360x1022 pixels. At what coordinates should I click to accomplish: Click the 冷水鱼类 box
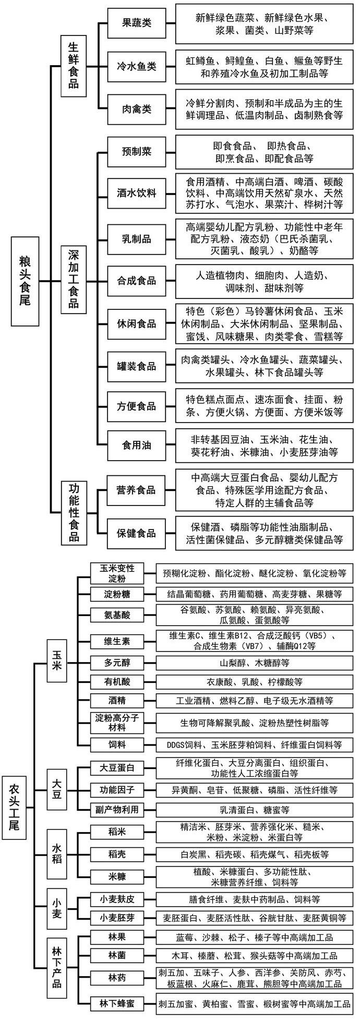pos(136,67)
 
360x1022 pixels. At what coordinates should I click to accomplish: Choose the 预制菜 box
pos(136,152)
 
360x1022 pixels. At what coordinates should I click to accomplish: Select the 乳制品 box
pos(136,239)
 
